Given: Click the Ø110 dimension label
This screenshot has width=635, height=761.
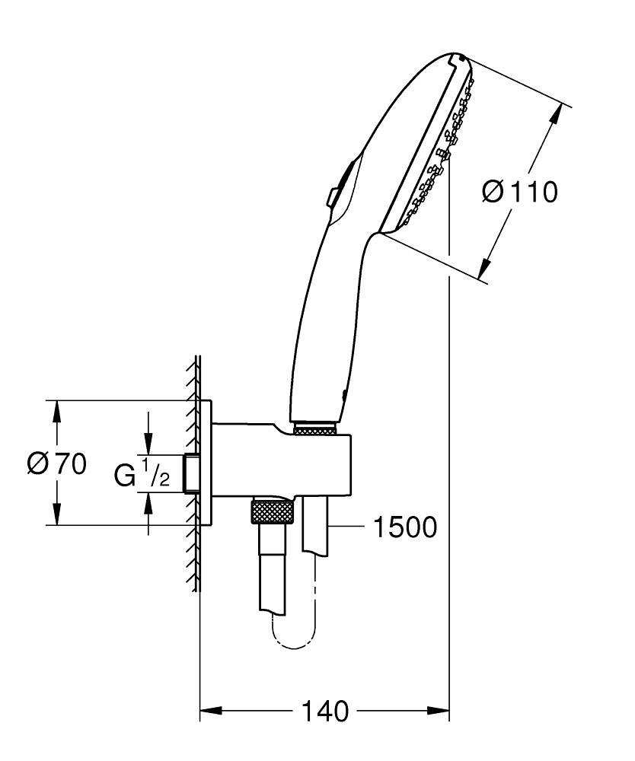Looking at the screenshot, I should [x=520, y=192].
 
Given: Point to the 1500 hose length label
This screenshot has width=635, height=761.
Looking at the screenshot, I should [x=405, y=526].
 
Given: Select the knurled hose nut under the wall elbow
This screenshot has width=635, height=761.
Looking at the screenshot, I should [x=271, y=511].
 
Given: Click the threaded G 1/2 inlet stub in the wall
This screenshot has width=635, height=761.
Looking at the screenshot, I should [x=192, y=473].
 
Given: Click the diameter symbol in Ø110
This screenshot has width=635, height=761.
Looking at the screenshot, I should [x=493, y=192].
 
